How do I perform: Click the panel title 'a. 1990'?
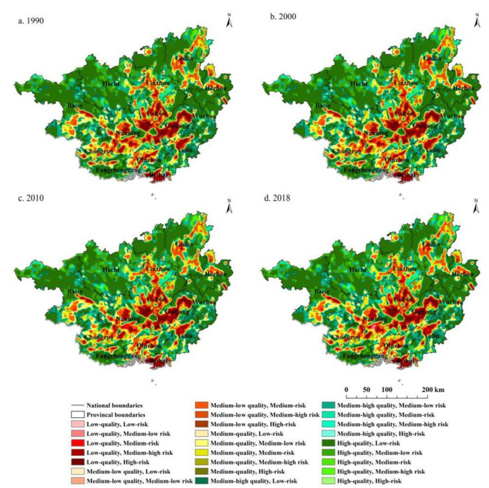[x=31, y=20]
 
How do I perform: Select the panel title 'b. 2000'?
[x=283, y=16]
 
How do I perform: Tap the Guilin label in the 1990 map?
[x=185, y=58]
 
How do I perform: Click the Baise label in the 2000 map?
[x=323, y=105]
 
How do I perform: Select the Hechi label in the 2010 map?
[x=111, y=270]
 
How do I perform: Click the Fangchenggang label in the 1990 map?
[x=118, y=170]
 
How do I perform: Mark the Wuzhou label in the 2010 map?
[x=204, y=302]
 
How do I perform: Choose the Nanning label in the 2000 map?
[x=376, y=133]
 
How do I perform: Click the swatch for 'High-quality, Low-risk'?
[x=329, y=443]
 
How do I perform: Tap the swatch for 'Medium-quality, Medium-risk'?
[x=202, y=453]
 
